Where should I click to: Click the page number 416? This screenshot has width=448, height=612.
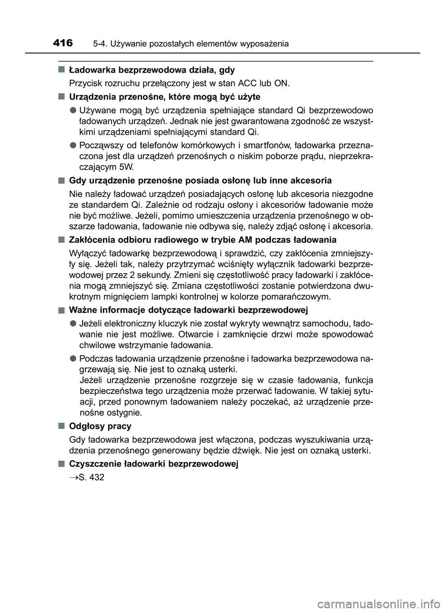63,43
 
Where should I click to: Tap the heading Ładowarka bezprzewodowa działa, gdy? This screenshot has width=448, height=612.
152,70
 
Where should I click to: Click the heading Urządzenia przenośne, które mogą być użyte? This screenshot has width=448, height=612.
164,97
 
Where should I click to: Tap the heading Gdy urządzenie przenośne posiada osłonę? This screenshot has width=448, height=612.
200,180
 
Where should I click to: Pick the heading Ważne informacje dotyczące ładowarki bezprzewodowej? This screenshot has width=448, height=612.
188,310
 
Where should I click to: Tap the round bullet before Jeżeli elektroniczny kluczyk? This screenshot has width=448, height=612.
74,323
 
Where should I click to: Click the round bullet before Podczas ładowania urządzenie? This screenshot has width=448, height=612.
74,358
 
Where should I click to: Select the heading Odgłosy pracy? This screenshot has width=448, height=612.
100,426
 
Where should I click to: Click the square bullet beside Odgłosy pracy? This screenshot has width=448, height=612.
61,426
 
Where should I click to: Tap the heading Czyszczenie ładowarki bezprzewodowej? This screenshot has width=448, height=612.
154,464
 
